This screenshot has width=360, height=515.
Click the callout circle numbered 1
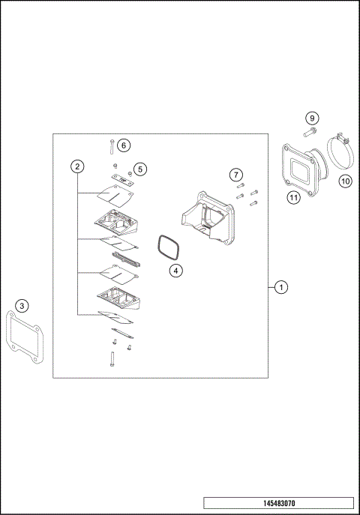(x=280, y=286)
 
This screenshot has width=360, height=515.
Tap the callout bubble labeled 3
(x=22, y=305)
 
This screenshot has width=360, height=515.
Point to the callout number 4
(x=175, y=271)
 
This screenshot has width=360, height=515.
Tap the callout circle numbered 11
(x=293, y=197)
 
